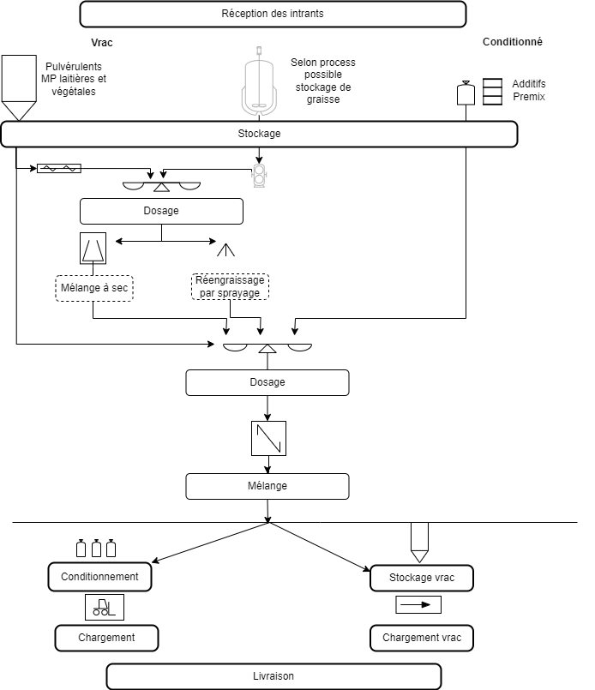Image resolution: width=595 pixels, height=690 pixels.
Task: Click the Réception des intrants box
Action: [273, 14]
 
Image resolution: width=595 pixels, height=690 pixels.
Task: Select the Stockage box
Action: [259, 134]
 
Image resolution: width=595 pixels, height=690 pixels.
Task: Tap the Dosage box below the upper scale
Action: [161, 211]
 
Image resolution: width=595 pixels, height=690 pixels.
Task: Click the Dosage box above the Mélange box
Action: [267, 382]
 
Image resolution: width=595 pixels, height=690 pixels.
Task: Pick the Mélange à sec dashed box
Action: [94, 288]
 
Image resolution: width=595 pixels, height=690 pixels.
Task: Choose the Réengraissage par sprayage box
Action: [229, 286]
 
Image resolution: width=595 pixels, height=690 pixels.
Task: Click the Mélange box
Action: [267, 486]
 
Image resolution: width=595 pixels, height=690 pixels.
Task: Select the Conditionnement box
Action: [100, 577]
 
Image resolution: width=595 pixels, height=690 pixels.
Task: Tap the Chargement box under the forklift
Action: [107, 638]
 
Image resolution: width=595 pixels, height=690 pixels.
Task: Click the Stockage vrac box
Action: [422, 578]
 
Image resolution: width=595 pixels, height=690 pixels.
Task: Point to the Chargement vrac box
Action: [422, 638]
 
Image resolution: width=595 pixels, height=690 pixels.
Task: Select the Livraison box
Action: [273, 676]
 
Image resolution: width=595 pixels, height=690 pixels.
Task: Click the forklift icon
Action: [105, 607]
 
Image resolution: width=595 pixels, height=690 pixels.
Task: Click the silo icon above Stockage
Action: [19, 87]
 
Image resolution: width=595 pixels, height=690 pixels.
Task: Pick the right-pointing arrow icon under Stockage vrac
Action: [418, 604]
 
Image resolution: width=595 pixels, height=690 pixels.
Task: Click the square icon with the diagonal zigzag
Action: [268, 438]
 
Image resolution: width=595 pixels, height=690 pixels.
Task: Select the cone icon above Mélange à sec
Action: [93, 249]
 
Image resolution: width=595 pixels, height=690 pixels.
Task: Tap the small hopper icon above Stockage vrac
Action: [419, 541]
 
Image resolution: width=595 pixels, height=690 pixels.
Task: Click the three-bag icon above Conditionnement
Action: [96, 549]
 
